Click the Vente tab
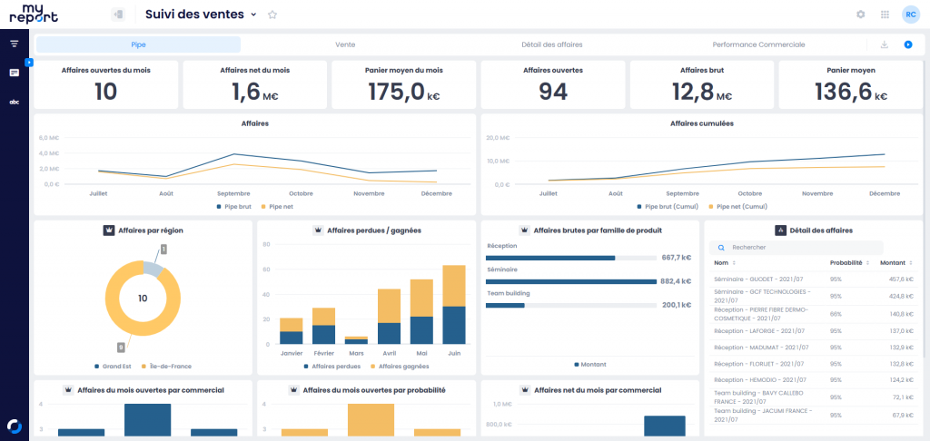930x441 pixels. click(x=345, y=44)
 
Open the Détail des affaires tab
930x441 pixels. click(x=551, y=44)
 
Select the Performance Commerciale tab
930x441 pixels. click(x=758, y=44)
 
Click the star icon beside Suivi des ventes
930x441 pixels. click(x=272, y=15)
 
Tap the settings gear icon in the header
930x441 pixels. click(x=861, y=15)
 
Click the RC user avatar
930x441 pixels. click(x=909, y=15)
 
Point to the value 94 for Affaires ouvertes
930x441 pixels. click(x=553, y=91)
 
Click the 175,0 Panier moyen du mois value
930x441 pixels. click(x=396, y=91)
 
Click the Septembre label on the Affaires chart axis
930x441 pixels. click(x=234, y=193)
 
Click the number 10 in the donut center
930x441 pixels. click(x=143, y=298)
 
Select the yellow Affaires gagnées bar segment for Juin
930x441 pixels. click(x=454, y=286)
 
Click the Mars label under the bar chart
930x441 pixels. click(x=356, y=353)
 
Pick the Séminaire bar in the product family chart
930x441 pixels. click(x=570, y=281)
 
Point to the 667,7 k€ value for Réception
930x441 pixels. click(x=677, y=258)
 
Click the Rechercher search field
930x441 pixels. click(x=799, y=247)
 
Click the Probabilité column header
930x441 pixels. click(x=846, y=262)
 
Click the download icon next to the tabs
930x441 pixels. click(x=884, y=44)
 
